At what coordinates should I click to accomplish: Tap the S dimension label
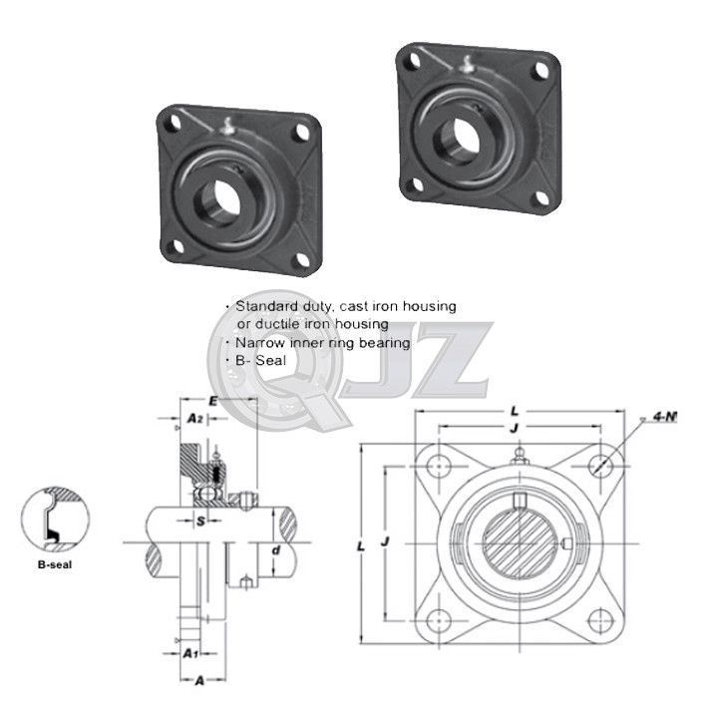(200, 520)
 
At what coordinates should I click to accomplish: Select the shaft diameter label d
(276, 549)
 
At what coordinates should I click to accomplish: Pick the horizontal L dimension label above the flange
(513, 409)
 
